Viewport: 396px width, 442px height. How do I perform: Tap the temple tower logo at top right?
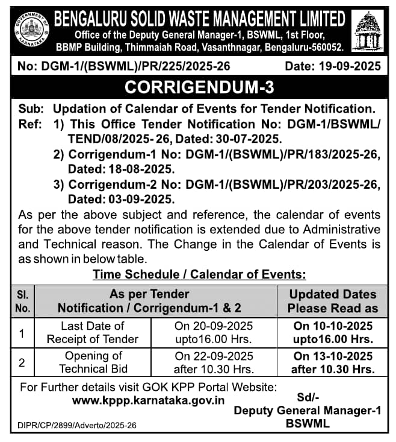370,30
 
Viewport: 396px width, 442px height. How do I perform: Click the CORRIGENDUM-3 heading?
199,87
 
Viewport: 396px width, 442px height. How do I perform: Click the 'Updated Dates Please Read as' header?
333,301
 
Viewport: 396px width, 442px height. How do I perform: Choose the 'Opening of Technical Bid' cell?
93,362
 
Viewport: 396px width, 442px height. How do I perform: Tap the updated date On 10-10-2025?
333,326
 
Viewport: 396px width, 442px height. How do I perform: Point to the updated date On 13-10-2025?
333,356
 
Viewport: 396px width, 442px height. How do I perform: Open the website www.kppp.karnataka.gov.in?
149,400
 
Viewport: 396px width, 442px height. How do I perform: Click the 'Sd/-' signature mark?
308,398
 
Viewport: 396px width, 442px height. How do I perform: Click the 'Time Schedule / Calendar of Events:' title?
199,274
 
